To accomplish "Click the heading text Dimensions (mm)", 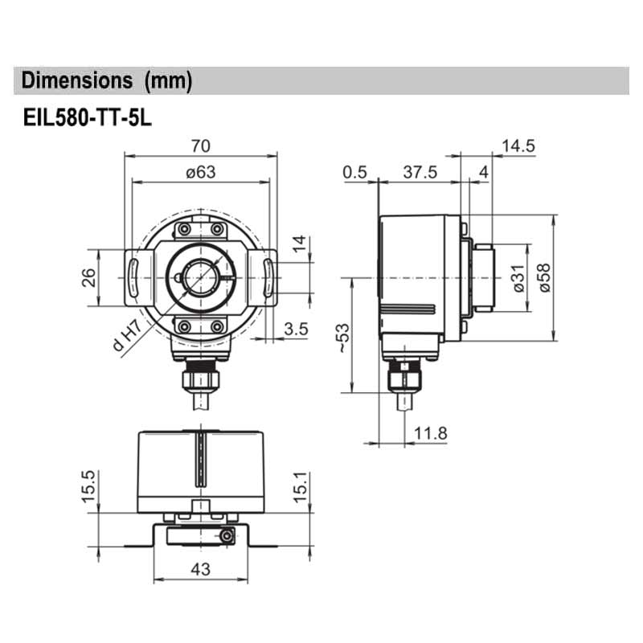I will point(107,80).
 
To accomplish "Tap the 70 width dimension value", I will point(200,145).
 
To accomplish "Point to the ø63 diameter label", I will point(200,171).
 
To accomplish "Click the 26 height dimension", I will point(89,277).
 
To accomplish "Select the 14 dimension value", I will point(299,244).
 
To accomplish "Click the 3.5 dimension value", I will point(297,328).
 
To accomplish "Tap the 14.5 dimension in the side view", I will point(518,145).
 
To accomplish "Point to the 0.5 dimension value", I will point(354,172).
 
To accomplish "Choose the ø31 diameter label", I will point(518,277).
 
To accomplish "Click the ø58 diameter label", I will point(544,277).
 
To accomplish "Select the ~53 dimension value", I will point(343,338).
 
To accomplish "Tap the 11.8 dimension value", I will point(431,433).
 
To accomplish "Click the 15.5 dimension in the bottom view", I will point(88,486).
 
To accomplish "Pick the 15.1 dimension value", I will point(299,486).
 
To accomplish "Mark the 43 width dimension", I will point(200,569).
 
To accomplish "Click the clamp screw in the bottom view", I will point(228,536).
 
